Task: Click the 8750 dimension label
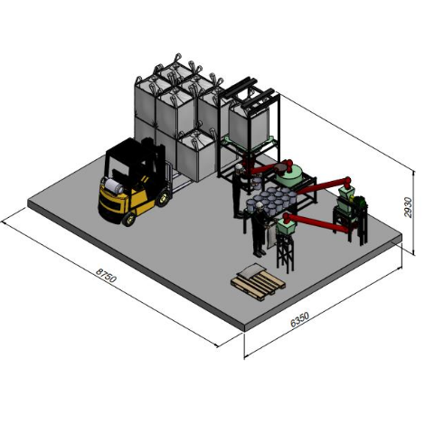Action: coord(106,276)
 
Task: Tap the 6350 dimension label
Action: coord(299,319)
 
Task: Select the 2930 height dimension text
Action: coord(408,207)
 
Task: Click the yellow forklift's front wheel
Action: coord(128,219)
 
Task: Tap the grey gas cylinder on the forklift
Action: coord(114,186)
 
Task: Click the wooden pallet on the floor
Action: coord(258,283)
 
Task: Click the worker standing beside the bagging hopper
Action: coord(259,230)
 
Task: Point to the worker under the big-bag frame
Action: coord(238,191)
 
